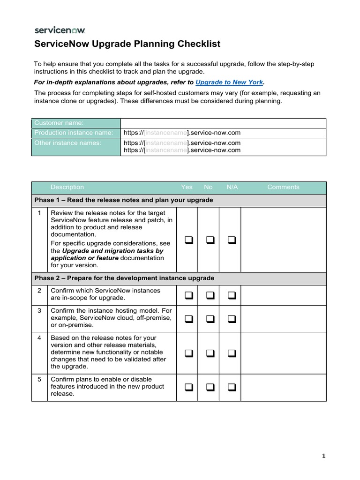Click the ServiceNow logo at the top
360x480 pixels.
point(60,30)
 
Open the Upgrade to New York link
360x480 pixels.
point(229,82)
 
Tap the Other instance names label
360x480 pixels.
point(68,142)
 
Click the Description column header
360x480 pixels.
point(67,187)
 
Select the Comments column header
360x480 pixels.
point(283,187)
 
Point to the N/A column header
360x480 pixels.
point(232,187)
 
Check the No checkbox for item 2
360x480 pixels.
point(210,295)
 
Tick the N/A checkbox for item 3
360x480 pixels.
point(232,319)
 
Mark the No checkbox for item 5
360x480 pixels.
point(210,387)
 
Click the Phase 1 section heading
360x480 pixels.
point(124,200)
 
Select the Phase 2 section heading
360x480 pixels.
point(124,278)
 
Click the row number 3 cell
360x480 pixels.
point(40,311)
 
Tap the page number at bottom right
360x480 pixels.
point(324,456)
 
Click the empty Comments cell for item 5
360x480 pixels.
point(284,387)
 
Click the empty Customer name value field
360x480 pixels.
point(223,123)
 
